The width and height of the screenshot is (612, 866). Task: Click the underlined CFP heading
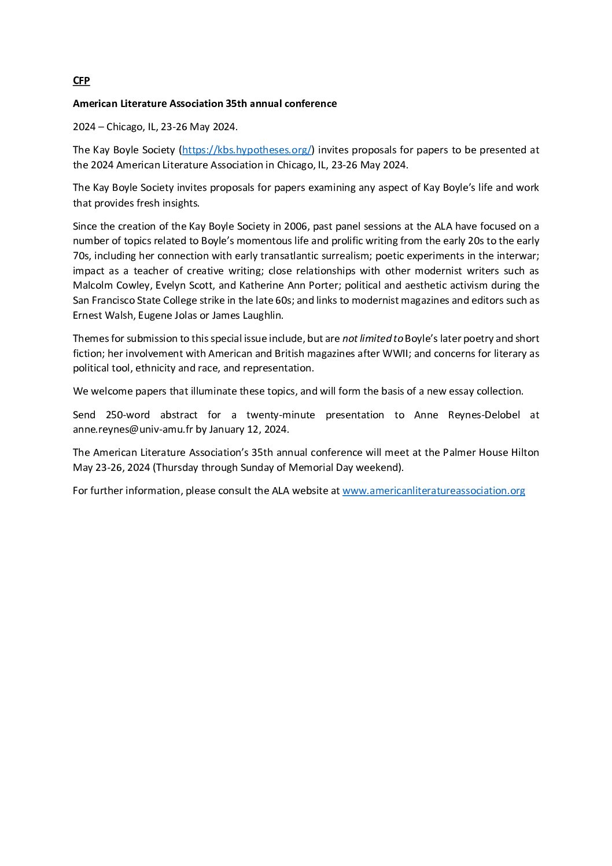point(82,80)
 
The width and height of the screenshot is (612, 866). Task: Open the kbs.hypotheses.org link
point(247,150)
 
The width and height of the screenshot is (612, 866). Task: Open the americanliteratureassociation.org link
point(433,491)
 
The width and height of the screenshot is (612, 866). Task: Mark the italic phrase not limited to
point(373,338)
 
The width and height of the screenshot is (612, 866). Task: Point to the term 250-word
point(128,415)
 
